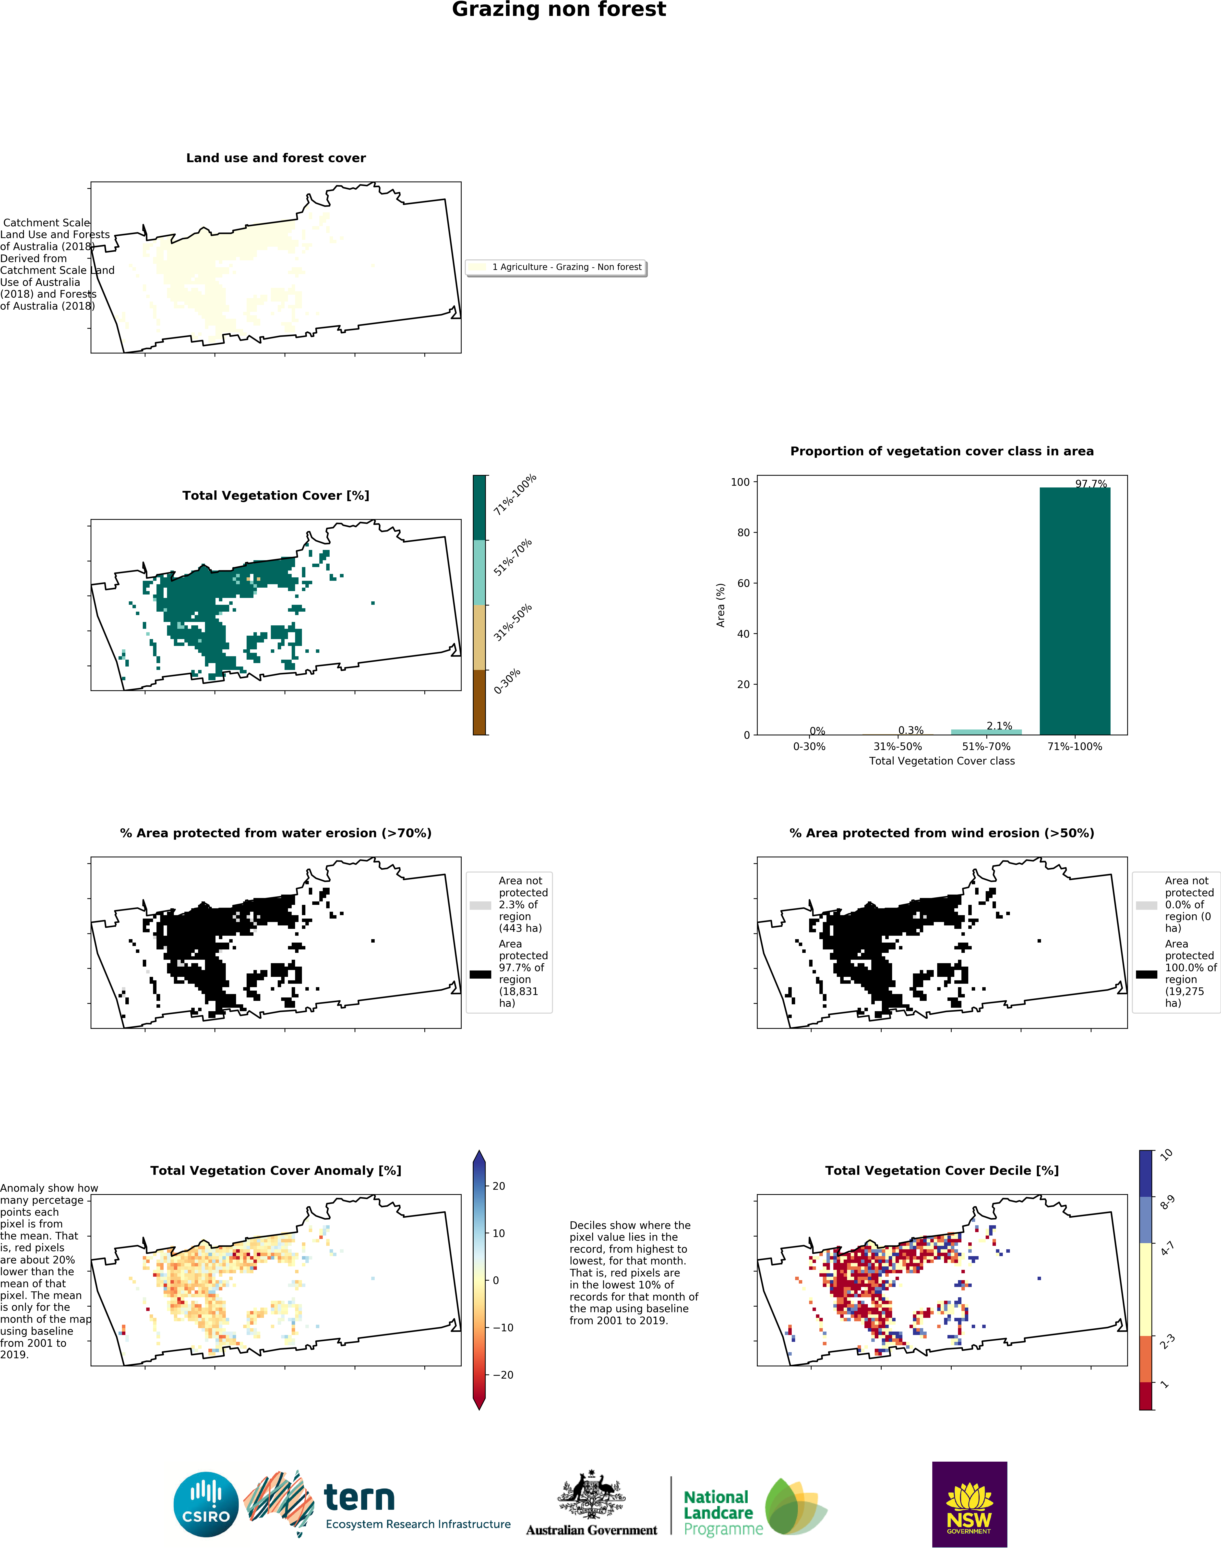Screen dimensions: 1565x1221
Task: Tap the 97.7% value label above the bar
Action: pyautogui.click(x=1090, y=484)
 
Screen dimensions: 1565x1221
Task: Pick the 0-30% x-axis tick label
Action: pyautogui.click(x=809, y=747)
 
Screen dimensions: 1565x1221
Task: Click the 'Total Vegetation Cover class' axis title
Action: pyautogui.click(x=942, y=761)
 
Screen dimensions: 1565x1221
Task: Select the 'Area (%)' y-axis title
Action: pyautogui.click(x=721, y=605)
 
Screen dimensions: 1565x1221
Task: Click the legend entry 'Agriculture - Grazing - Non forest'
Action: pyautogui.click(x=566, y=267)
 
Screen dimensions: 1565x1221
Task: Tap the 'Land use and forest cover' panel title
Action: pyautogui.click(x=276, y=158)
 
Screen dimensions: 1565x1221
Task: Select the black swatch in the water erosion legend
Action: pyautogui.click(x=480, y=974)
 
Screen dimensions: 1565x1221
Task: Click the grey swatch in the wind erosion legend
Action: pyautogui.click(x=1147, y=905)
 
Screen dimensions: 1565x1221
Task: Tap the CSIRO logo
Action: pyautogui.click(x=206, y=1504)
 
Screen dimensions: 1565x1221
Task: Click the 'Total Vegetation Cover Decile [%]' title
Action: pyautogui.click(x=942, y=1171)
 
